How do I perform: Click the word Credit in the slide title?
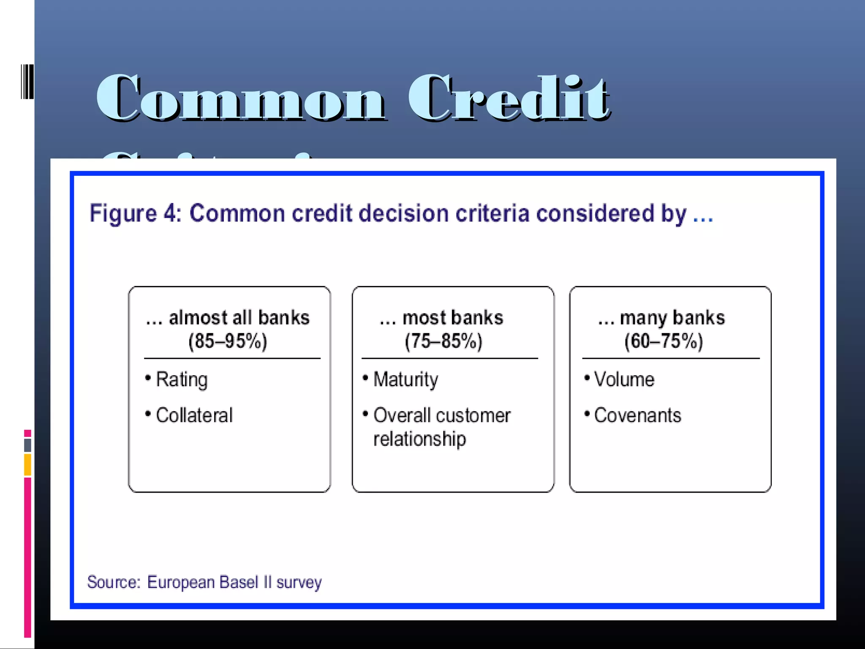click(x=509, y=98)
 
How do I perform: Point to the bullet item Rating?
click(x=182, y=379)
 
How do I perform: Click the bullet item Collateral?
click(x=194, y=415)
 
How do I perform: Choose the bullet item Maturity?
click(x=405, y=379)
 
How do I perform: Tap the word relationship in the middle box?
click(x=419, y=439)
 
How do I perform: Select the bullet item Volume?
click(x=624, y=379)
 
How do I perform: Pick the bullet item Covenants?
click(x=637, y=415)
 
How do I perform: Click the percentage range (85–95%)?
click(x=228, y=341)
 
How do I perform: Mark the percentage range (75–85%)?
click(x=443, y=341)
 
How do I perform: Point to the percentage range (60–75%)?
click(x=664, y=341)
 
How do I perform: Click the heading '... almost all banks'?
click(x=228, y=318)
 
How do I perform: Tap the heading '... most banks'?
click(x=441, y=318)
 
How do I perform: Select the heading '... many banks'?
click(x=661, y=318)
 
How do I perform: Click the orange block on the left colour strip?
click(x=27, y=465)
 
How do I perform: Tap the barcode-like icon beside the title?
click(x=27, y=82)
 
